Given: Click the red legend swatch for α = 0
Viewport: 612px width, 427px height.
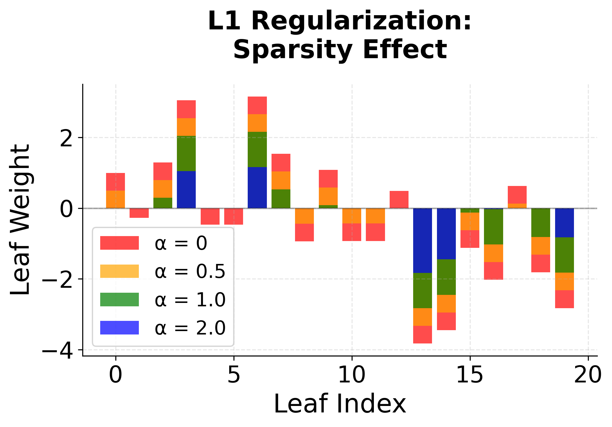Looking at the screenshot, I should pos(119,243).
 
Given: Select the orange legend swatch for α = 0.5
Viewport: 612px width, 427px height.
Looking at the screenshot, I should pos(119,271).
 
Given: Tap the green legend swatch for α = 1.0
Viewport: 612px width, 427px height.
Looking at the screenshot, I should pos(119,300).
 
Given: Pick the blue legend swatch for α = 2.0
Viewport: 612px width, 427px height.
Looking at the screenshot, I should pos(119,328).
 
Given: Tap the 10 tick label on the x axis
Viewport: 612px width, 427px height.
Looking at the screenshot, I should pos(352,375).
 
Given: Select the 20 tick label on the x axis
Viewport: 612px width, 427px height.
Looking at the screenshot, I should pos(588,375).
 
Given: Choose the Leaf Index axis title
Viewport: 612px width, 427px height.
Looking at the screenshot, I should pos(340,404).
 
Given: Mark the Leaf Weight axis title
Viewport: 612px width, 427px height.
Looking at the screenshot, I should pos(20,220).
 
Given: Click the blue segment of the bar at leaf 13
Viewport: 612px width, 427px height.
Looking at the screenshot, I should pos(422,240).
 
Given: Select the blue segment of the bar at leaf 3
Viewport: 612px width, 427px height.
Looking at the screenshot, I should pos(186,190).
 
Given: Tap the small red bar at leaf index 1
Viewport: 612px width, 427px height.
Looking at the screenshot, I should pos(139,213).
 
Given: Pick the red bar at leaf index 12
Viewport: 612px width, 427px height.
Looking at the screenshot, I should pos(399,200).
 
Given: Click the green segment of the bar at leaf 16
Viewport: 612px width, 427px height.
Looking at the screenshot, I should pos(493,227).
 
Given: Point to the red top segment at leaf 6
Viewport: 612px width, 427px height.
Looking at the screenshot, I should pos(257,105).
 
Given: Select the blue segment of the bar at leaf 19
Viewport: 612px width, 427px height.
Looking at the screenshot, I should pos(564,223).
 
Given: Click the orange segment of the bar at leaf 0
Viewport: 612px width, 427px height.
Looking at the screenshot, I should pos(115,199).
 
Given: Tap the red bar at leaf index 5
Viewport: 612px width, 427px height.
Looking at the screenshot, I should pos(233,216).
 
